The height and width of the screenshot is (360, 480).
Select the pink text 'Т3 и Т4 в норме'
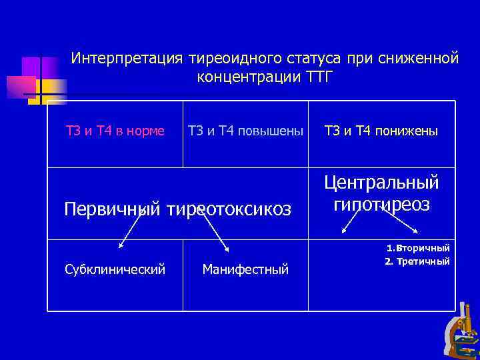tap(115, 131)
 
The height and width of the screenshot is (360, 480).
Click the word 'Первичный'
tap(112, 210)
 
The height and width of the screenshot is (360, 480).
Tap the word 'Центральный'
tap(381, 183)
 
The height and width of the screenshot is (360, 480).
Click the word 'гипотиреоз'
tap(381, 204)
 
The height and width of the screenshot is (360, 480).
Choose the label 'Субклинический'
tap(115, 269)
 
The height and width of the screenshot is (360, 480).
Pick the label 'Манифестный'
tap(245, 269)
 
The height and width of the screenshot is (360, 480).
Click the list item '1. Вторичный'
tap(418, 248)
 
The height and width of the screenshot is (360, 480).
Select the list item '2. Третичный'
tap(417, 261)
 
